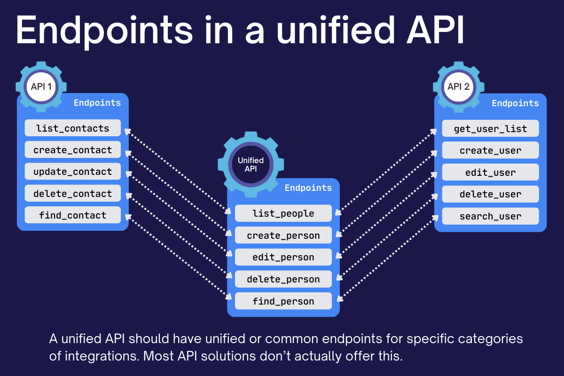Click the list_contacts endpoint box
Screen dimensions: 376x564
72,128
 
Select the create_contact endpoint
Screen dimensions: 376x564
72,150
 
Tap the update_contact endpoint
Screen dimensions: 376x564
72,172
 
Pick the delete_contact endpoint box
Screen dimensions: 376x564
72,194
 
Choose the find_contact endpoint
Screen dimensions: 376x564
72,215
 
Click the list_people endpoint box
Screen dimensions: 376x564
283,213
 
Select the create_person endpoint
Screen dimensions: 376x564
283,235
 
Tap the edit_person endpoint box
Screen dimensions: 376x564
283,257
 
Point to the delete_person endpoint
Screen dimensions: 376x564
283,279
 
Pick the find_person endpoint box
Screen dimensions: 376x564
283,301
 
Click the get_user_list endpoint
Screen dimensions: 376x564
490,129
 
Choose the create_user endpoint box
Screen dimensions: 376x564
490,150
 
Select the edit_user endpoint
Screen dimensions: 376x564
490,172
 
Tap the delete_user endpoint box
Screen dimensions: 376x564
490,194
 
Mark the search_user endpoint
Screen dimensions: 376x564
490,216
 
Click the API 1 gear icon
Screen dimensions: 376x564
41,87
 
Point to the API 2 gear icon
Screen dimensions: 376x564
458,87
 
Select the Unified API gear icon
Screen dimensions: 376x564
251,164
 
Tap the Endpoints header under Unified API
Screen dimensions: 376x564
308,188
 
